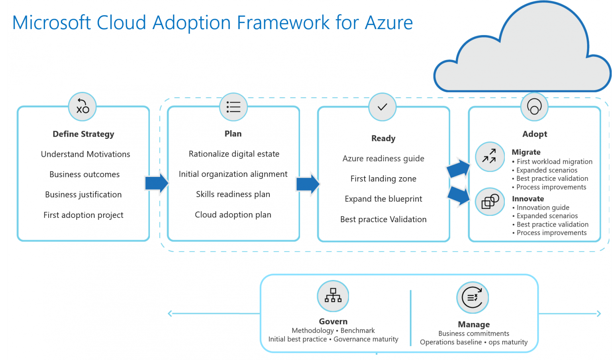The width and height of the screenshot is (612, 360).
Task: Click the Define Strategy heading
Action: click(83, 134)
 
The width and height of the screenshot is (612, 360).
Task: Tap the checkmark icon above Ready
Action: click(382, 107)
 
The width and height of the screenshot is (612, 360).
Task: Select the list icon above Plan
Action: click(233, 107)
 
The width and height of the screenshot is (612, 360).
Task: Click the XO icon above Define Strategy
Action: click(82, 107)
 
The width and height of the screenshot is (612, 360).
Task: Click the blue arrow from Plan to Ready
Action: click(308, 184)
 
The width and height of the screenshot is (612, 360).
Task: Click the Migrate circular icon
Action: click(490, 157)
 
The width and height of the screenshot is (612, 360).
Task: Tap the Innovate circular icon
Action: click(490, 202)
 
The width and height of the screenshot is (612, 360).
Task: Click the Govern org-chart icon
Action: click(333, 296)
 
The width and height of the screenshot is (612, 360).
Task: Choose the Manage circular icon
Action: click(473, 297)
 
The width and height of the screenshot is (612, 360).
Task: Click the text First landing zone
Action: click(383, 179)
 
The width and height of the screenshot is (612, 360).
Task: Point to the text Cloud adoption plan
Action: click(233, 215)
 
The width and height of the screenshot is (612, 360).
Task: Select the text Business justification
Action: click(83, 195)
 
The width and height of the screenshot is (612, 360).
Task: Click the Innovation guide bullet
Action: click(543, 207)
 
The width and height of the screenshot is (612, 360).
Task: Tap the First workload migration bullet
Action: click(554, 162)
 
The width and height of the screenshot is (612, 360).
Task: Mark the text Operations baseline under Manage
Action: click(451, 342)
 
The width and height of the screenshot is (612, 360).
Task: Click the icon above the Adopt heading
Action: click(534, 107)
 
